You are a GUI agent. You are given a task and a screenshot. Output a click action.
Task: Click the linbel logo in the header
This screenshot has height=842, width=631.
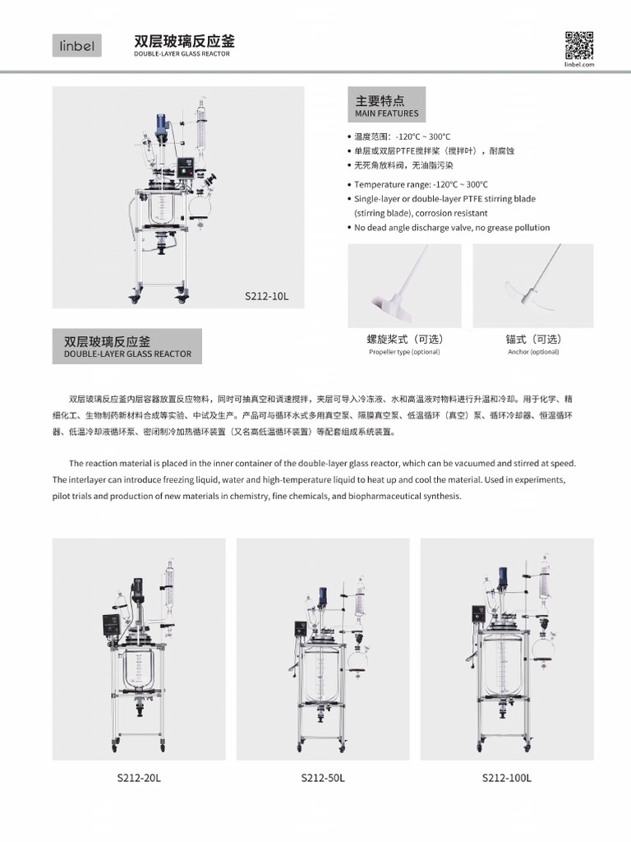pos(77,46)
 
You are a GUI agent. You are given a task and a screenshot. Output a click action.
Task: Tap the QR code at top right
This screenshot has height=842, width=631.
pos(578,44)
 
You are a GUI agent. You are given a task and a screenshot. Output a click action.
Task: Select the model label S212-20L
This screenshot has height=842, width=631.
pos(139,778)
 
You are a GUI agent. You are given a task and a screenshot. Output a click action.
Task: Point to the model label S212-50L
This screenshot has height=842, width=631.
pos(323,778)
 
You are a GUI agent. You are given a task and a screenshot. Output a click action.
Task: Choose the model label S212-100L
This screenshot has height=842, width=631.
pos(507,778)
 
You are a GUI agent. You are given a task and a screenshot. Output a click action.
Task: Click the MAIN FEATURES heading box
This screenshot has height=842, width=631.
pos(386,105)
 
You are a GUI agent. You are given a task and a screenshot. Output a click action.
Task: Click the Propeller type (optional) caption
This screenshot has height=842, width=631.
pos(404,352)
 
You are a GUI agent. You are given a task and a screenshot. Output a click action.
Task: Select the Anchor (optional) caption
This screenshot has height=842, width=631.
pos(533,352)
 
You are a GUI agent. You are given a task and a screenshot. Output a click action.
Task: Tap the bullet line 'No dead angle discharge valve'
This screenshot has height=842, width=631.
pos(452,228)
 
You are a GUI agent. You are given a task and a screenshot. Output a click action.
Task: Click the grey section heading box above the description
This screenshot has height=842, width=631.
pos(127,346)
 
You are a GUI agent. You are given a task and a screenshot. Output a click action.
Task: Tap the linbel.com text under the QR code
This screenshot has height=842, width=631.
pos(579,64)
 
